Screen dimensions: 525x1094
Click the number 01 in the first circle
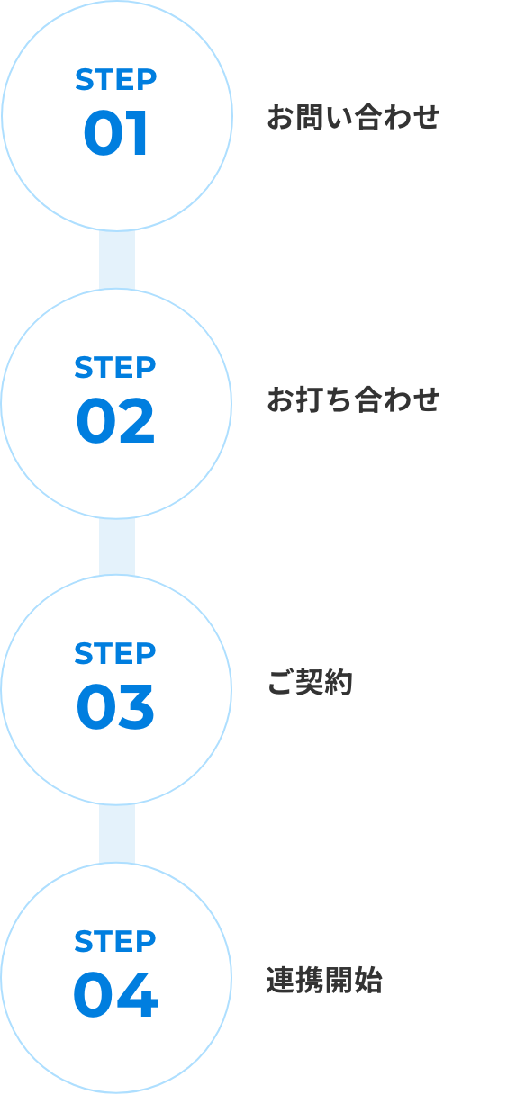click(x=116, y=132)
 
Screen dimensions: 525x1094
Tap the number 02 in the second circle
click(x=115, y=420)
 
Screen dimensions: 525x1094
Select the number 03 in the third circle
click(x=115, y=706)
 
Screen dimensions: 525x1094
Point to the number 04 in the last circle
click(x=116, y=994)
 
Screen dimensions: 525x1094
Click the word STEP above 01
click(x=116, y=79)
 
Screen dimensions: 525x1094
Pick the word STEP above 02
click(x=115, y=367)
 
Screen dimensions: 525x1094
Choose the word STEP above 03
click(x=115, y=653)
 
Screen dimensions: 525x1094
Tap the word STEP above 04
click(x=115, y=941)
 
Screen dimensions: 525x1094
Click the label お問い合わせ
click(x=353, y=117)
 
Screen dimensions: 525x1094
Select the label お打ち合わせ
click(x=353, y=399)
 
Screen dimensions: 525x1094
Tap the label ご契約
click(x=310, y=682)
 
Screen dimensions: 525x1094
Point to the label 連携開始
click(x=324, y=980)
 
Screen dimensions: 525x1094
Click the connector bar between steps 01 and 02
click(x=117, y=260)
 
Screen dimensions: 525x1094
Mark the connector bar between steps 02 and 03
click(x=117, y=547)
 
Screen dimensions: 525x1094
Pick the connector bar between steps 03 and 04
click(x=117, y=834)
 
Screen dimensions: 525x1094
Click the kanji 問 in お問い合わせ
click(x=310, y=118)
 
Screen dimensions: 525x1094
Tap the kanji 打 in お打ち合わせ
click(x=310, y=400)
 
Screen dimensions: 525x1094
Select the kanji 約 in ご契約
click(x=339, y=682)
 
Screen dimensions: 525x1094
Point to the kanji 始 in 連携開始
click(x=368, y=980)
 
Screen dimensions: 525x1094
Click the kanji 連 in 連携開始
click(x=281, y=980)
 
